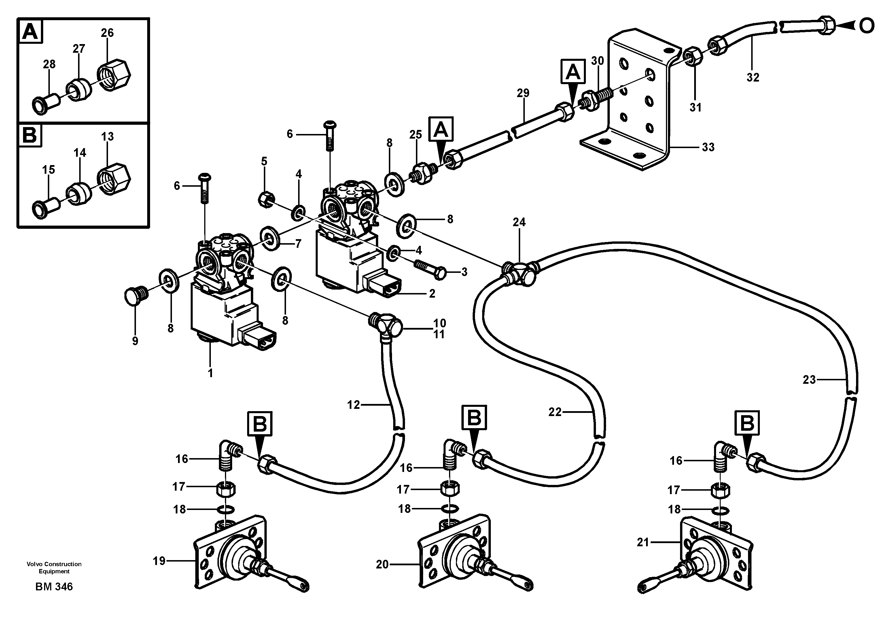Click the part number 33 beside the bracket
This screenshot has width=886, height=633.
click(x=708, y=147)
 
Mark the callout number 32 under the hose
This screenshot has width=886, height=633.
click(x=753, y=78)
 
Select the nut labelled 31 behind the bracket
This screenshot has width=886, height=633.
click(x=693, y=55)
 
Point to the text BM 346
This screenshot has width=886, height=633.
click(x=54, y=587)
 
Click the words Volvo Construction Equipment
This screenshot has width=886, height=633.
click(x=54, y=568)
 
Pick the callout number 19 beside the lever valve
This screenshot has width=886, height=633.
click(x=159, y=561)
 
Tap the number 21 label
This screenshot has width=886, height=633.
click(x=643, y=542)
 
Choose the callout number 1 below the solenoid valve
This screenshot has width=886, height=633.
click(x=210, y=373)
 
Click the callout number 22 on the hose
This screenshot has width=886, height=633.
click(x=554, y=412)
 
